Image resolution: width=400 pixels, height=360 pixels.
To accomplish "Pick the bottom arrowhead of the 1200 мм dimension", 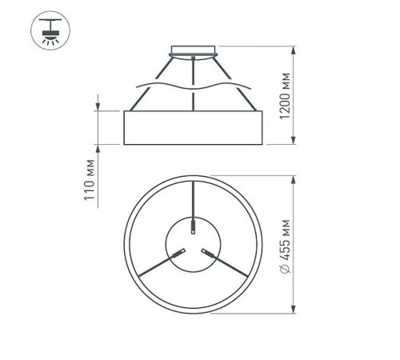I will [x=296, y=142].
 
